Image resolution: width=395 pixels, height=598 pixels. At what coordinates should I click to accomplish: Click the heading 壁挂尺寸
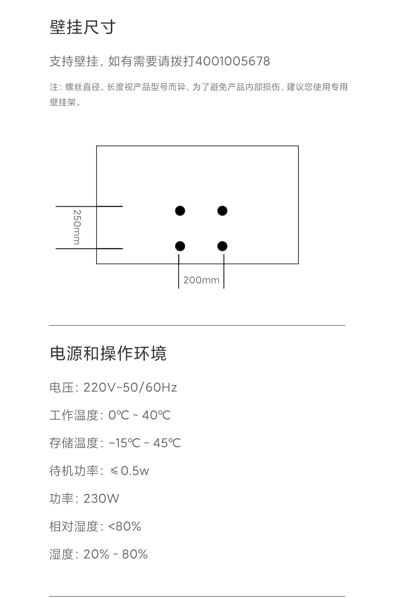click(83, 27)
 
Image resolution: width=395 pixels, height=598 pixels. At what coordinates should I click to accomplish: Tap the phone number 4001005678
click(233, 61)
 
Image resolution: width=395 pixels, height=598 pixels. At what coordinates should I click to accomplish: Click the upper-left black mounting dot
click(180, 211)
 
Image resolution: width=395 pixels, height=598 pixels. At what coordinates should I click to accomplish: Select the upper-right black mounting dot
click(222, 211)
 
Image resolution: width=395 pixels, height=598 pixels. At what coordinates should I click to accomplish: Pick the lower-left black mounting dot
click(180, 246)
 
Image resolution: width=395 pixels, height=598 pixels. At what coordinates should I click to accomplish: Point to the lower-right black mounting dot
click(222, 246)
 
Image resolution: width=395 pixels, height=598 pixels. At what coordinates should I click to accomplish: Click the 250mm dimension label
click(77, 227)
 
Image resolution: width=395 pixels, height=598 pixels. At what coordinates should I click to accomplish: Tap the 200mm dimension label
click(201, 280)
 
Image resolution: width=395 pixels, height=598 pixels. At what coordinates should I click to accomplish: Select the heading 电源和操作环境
click(108, 354)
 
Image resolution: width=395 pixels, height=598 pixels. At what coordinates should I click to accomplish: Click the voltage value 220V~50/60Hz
click(130, 387)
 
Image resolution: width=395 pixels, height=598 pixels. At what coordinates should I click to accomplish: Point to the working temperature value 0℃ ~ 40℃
click(139, 415)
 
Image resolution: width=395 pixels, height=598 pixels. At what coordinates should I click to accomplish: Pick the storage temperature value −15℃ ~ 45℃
click(144, 443)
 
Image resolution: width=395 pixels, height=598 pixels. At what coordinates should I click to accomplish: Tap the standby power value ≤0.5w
click(129, 471)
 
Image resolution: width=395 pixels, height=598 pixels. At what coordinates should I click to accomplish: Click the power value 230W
click(101, 499)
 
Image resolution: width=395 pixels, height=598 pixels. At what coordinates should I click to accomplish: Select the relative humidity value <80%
click(125, 526)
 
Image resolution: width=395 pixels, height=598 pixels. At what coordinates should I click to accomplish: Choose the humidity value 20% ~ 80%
click(116, 554)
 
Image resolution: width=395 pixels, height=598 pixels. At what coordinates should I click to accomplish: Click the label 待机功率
click(74, 471)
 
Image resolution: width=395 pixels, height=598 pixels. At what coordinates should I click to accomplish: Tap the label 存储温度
click(74, 443)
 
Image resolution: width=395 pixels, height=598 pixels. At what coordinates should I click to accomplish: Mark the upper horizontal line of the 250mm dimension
click(89, 206)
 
